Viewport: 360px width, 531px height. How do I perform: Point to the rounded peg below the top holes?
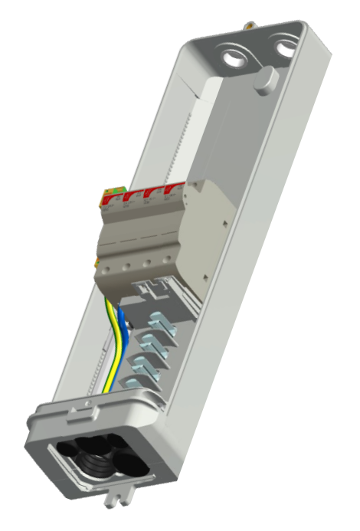point(266,80)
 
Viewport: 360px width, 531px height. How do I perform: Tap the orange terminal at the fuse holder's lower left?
point(97,264)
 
